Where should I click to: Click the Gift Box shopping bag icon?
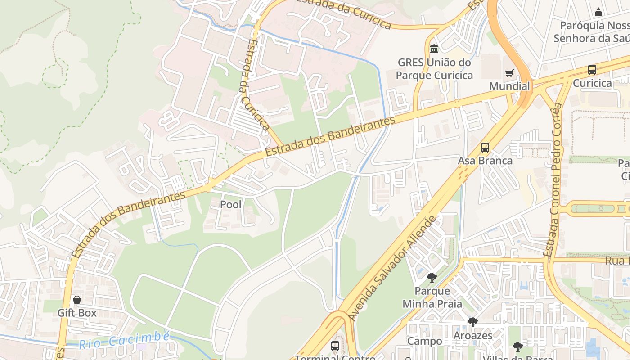[77, 300]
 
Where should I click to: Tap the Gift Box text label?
[77, 312]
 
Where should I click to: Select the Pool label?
[230, 204]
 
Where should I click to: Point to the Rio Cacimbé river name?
[125, 340]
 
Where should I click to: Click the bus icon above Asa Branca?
[485, 148]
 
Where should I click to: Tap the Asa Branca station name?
[485, 161]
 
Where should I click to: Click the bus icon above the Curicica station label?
[592, 70]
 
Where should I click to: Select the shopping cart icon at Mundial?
[509, 73]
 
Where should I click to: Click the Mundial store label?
[509, 86]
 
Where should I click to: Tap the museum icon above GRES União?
[434, 49]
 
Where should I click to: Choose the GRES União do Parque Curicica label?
[434, 69]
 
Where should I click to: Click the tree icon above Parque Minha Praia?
[432, 277]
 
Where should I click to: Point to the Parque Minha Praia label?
[432, 297]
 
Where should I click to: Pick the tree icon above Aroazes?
[472, 322]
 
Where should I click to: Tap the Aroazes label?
[472, 335]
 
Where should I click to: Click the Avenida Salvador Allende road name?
[393, 268]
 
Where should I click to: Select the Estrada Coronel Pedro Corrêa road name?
[553, 180]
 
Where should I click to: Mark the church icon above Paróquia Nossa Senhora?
[598, 12]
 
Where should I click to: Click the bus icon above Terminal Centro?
[335, 346]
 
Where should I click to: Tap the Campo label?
[425, 341]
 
